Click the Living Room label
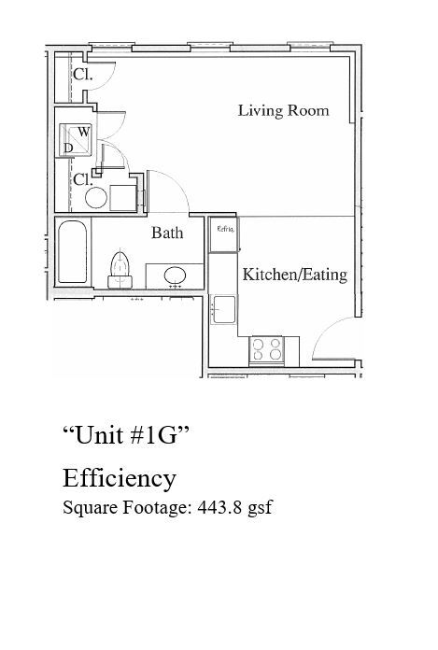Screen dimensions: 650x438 (283, 110)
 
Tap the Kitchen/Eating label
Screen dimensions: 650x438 (294, 275)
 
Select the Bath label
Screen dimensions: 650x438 (167, 233)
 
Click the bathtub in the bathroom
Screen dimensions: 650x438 (72, 251)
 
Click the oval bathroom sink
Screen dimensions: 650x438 (174, 276)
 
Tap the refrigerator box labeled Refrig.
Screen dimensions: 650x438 (224, 236)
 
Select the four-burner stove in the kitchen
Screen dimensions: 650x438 (266, 349)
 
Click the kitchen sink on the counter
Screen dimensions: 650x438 (223, 307)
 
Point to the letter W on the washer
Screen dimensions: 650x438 (83, 132)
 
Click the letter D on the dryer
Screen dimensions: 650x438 (68, 148)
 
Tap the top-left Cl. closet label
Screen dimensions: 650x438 (82, 75)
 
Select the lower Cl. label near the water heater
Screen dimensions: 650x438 (82, 177)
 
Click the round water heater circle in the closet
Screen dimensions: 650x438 (95, 197)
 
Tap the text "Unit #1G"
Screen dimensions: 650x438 (126, 434)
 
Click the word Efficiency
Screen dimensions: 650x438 (119, 478)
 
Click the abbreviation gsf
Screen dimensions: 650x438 (259, 509)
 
